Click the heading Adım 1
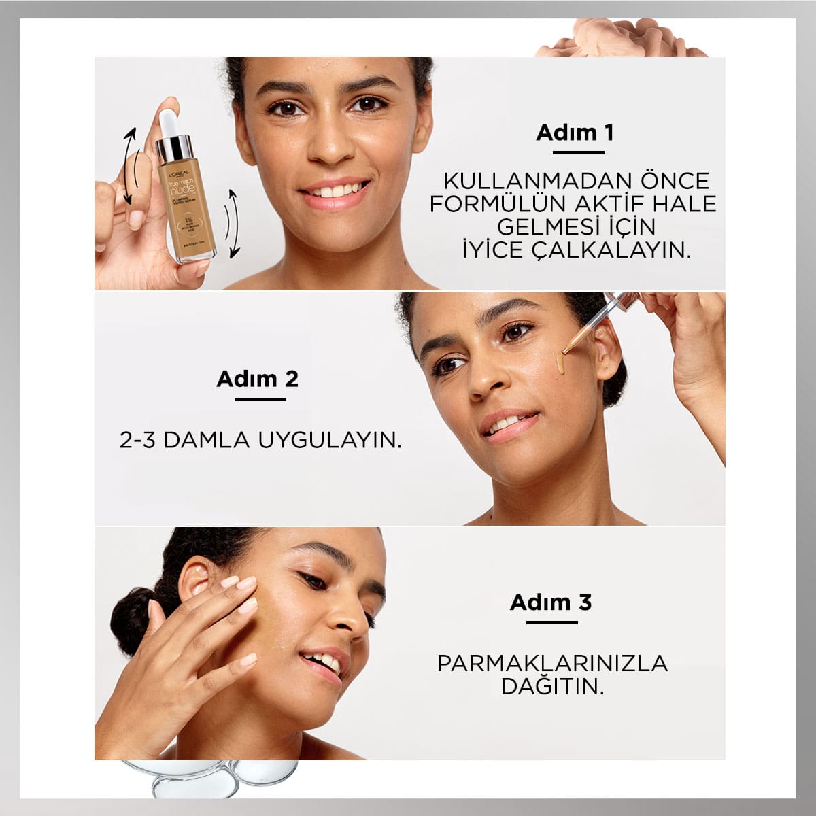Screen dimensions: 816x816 point(575,132)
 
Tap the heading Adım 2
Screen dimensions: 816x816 point(257,379)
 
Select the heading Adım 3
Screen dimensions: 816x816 point(550,602)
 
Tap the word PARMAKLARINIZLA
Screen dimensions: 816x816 point(552,662)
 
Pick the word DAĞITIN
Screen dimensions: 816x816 point(552,685)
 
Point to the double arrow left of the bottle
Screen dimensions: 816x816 point(127,167)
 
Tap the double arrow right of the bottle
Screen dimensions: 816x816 point(233,223)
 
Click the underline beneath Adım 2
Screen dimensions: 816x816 point(260,398)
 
